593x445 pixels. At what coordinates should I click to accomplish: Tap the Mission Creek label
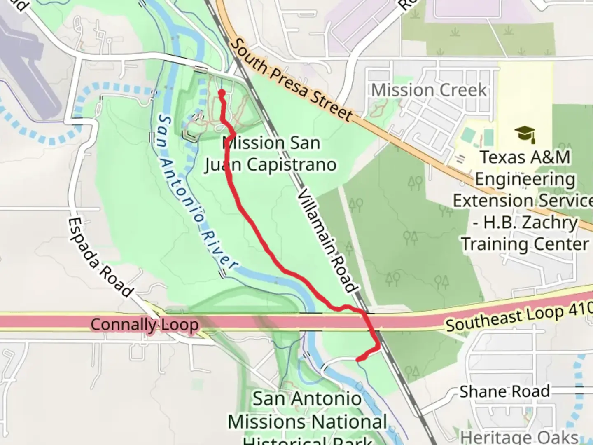point(429,90)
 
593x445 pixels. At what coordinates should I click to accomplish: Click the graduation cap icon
point(525,134)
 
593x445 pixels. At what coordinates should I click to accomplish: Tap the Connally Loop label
point(145,324)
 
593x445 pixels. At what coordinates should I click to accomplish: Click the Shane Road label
point(504,391)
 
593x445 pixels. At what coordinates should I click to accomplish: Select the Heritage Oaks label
point(519,437)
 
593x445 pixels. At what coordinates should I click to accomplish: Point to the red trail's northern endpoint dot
point(221,93)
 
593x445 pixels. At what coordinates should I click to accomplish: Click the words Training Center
point(525,244)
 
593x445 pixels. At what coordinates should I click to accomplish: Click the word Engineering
point(525,179)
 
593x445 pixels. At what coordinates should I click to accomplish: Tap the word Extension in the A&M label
point(486,201)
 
